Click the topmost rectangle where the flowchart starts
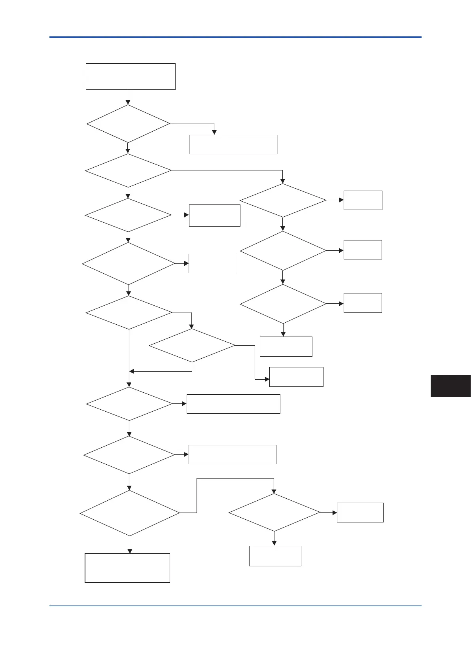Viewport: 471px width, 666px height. click(x=131, y=76)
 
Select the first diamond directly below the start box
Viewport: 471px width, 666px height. click(x=128, y=123)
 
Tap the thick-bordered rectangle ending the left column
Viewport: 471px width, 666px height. click(x=127, y=568)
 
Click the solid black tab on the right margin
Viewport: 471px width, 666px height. click(x=450, y=386)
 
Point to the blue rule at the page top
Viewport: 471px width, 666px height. click(x=235, y=37)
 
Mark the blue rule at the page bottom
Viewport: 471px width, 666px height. click(x=235, y=605)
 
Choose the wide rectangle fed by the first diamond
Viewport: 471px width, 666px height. click(x=233, y=144)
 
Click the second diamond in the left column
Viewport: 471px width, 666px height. click(x=128, y=170)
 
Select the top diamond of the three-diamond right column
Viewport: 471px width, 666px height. click(x=283, y=200)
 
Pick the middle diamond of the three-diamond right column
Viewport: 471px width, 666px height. click(x=283, y=250)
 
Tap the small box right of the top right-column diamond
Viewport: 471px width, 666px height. click(x=363, y=200)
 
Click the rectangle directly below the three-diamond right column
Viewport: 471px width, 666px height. click(x=286, y=346)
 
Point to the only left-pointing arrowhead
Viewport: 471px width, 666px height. click(x=132, y=371)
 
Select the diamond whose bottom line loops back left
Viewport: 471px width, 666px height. click(x=192, y=345)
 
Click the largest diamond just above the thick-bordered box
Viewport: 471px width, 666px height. click(x=130, y=513)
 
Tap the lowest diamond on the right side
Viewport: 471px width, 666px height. click(x=274, y=513)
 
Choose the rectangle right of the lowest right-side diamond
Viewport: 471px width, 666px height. click(x=360, y=513)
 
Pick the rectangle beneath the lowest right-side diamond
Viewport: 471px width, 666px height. click(x=275, y=556)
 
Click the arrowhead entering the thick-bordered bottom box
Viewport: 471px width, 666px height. click(x=130, y=551)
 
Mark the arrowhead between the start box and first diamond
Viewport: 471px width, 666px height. click(x=128, y=102)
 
